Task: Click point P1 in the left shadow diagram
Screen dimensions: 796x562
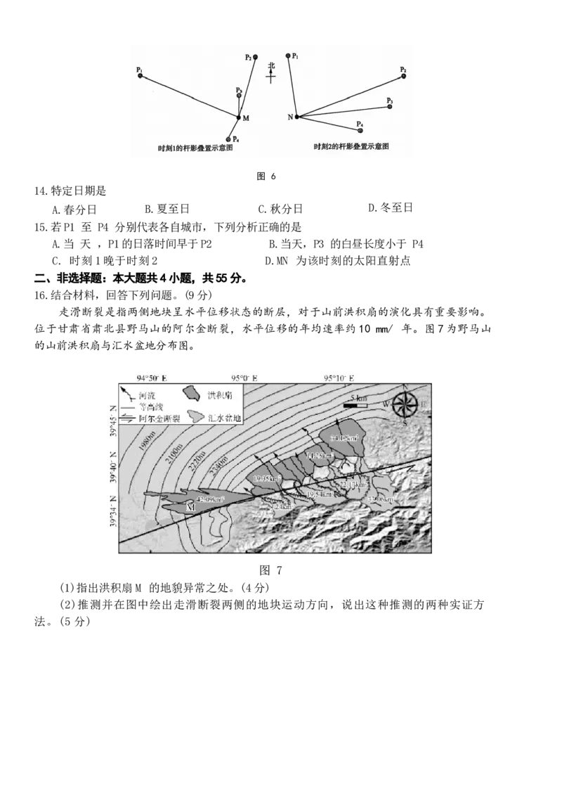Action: point(140,75)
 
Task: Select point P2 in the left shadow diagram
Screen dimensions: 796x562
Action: point(255,57)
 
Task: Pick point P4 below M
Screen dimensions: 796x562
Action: point(229,139)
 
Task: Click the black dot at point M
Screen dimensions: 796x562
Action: point(238,117)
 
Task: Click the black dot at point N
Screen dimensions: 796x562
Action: point(296,117)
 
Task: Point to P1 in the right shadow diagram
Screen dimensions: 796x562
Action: point(289,55)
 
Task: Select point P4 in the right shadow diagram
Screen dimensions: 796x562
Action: point(360,131)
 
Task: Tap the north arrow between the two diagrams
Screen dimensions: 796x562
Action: point(271,72)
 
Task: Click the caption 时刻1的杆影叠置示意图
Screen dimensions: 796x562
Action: point(195,149)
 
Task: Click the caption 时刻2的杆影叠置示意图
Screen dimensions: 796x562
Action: point(351,146)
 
